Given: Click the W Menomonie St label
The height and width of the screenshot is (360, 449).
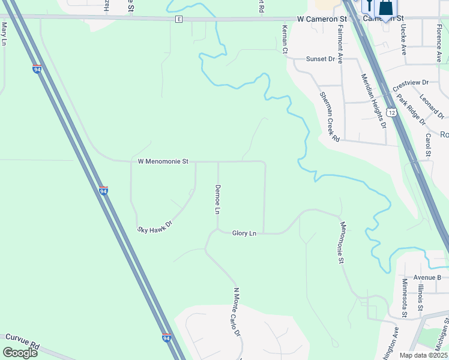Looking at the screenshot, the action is [163, 161].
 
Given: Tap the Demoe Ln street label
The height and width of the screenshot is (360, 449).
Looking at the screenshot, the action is [218, 199].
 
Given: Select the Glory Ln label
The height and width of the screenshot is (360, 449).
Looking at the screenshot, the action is [244, 233].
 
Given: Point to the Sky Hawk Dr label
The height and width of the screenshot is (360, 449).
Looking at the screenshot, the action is [155, 226].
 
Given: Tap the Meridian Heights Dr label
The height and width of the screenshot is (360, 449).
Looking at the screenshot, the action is [372, 101].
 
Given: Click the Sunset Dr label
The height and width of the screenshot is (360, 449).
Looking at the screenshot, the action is [320, 59].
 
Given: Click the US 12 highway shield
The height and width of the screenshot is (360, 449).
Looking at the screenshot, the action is [392, 112].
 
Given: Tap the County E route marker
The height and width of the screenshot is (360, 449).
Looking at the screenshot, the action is [178, 20].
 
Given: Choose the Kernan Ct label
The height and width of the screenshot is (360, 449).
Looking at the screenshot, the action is [285, 40].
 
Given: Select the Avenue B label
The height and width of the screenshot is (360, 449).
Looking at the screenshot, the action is [427, 277].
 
